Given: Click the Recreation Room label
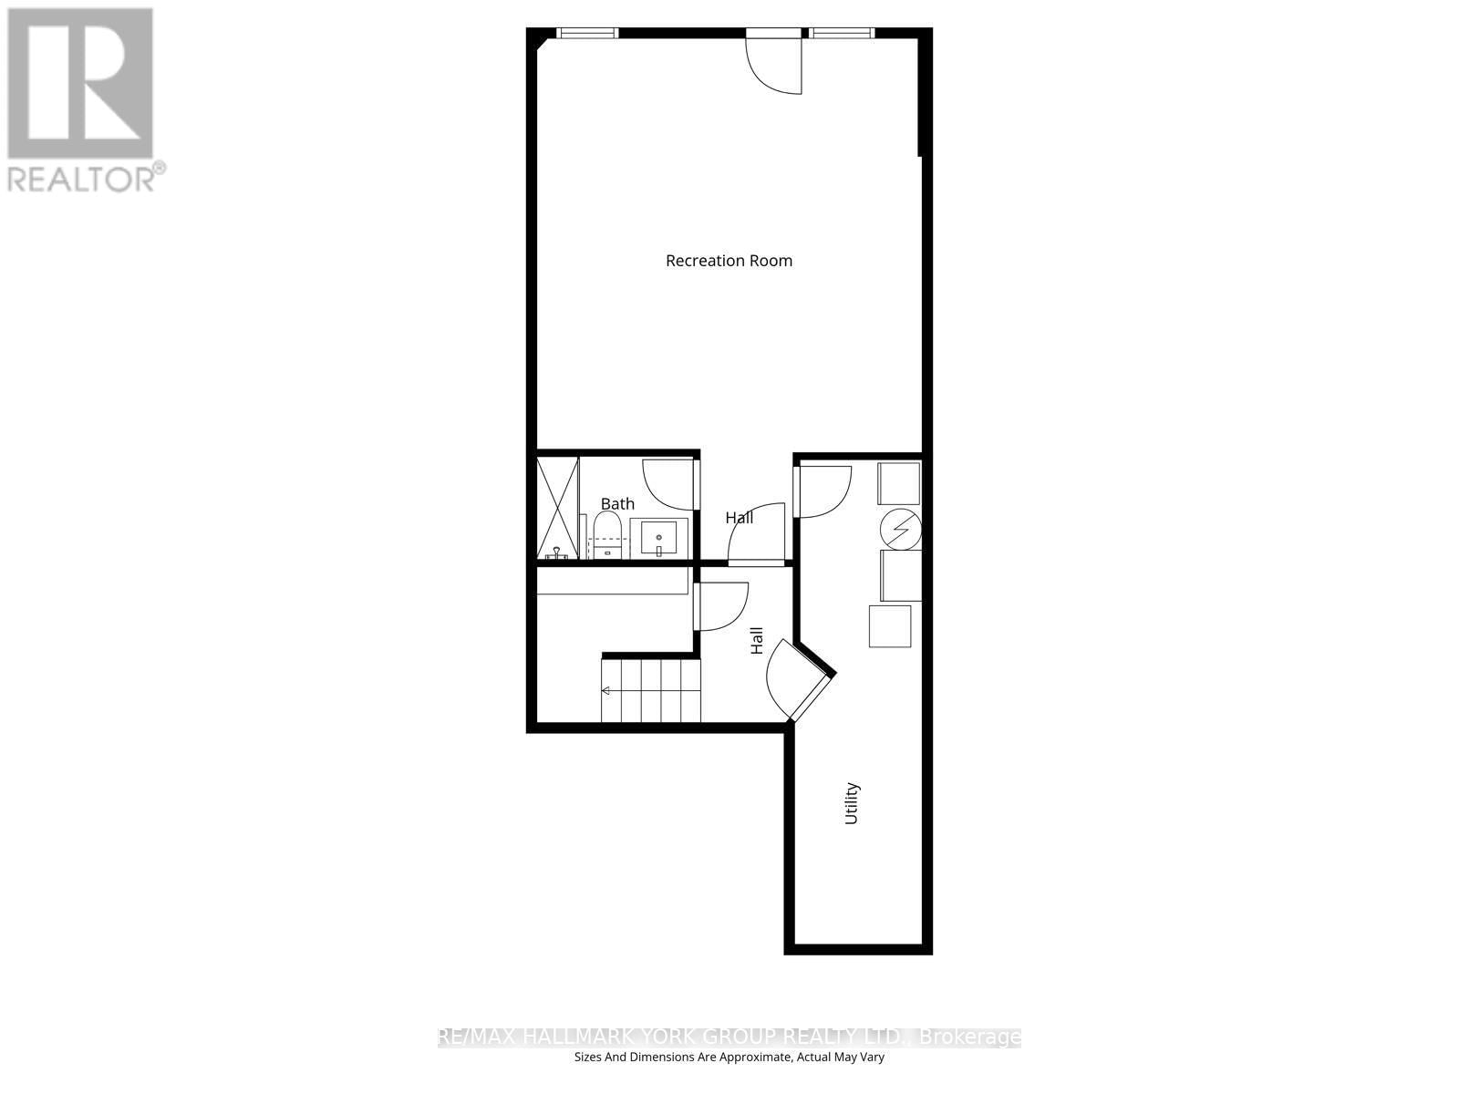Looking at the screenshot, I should click(729, 261).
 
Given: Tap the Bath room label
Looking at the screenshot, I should click(617, 503).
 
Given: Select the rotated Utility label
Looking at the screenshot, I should click(852, 803).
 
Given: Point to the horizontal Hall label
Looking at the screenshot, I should click(740, 518).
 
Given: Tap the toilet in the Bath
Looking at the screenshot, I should click(606, 535).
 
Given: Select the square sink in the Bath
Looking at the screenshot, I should click(658, 538).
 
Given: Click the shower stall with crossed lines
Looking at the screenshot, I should click(558, 508).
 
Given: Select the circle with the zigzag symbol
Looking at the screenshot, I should click(901, 529).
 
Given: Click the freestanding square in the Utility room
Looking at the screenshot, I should click(890, 626).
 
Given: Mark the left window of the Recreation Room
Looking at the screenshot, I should click(587, 34).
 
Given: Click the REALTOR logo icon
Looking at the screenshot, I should click(79, 84).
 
